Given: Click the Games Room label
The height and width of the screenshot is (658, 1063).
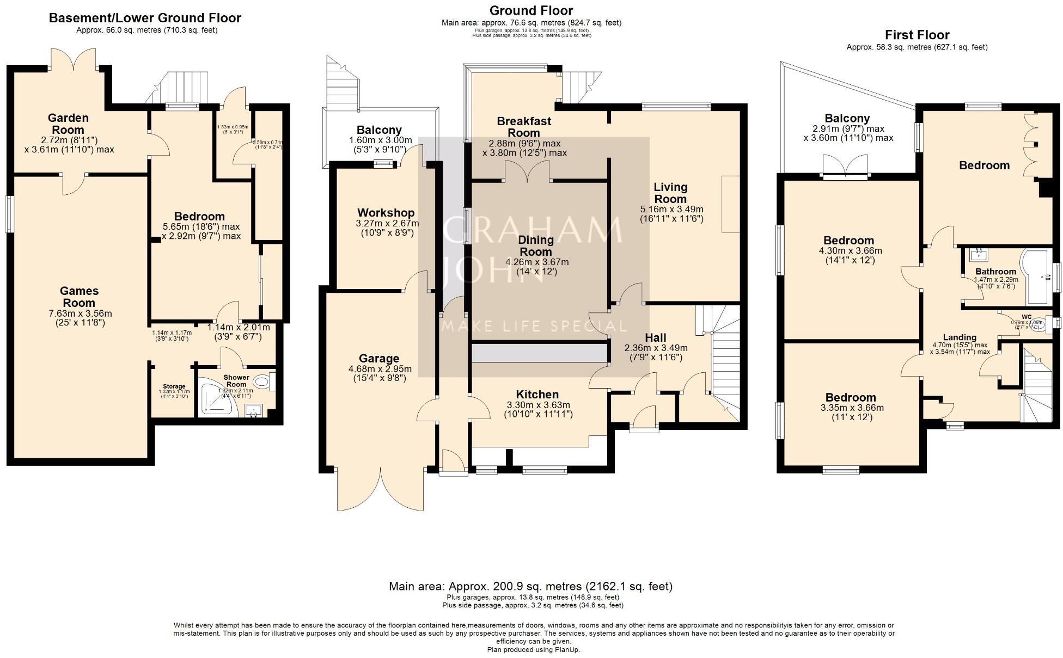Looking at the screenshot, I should pos(79,297).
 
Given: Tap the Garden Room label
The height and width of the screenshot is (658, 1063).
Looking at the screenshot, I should pos(68,124).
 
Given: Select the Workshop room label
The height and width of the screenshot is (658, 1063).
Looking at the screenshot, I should pos(386,213).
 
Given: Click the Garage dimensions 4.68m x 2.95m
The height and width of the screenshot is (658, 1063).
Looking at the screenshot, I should pos(380,369).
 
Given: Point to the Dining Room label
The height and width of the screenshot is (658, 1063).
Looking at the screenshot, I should pos(535,245).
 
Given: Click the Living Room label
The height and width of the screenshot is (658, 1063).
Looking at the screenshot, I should pos(670,193).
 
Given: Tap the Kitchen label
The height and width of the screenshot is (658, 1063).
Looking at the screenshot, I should pos(537,395).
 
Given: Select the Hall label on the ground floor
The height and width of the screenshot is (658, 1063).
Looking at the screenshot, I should pos(656,337).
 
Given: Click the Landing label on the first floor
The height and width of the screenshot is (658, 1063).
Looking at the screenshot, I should pos(960,337).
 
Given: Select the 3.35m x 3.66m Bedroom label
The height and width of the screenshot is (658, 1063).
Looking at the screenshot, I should pos(851,397).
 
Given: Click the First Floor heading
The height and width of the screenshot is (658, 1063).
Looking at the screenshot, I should pos(917,35).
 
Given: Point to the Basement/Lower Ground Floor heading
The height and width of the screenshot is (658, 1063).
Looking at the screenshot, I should pos(145,18).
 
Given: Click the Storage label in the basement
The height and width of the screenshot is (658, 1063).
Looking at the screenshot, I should pos(174,386).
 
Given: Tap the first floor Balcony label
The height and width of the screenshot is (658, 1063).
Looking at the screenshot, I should pos(847,118).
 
